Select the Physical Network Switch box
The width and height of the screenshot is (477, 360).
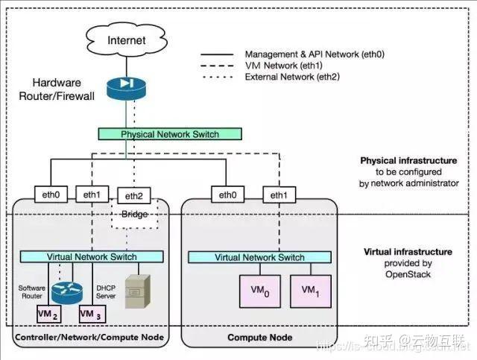tap(170, 134)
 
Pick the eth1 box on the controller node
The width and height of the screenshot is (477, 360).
tap(92, 195)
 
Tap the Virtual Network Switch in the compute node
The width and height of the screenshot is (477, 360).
tap(259, 257)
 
